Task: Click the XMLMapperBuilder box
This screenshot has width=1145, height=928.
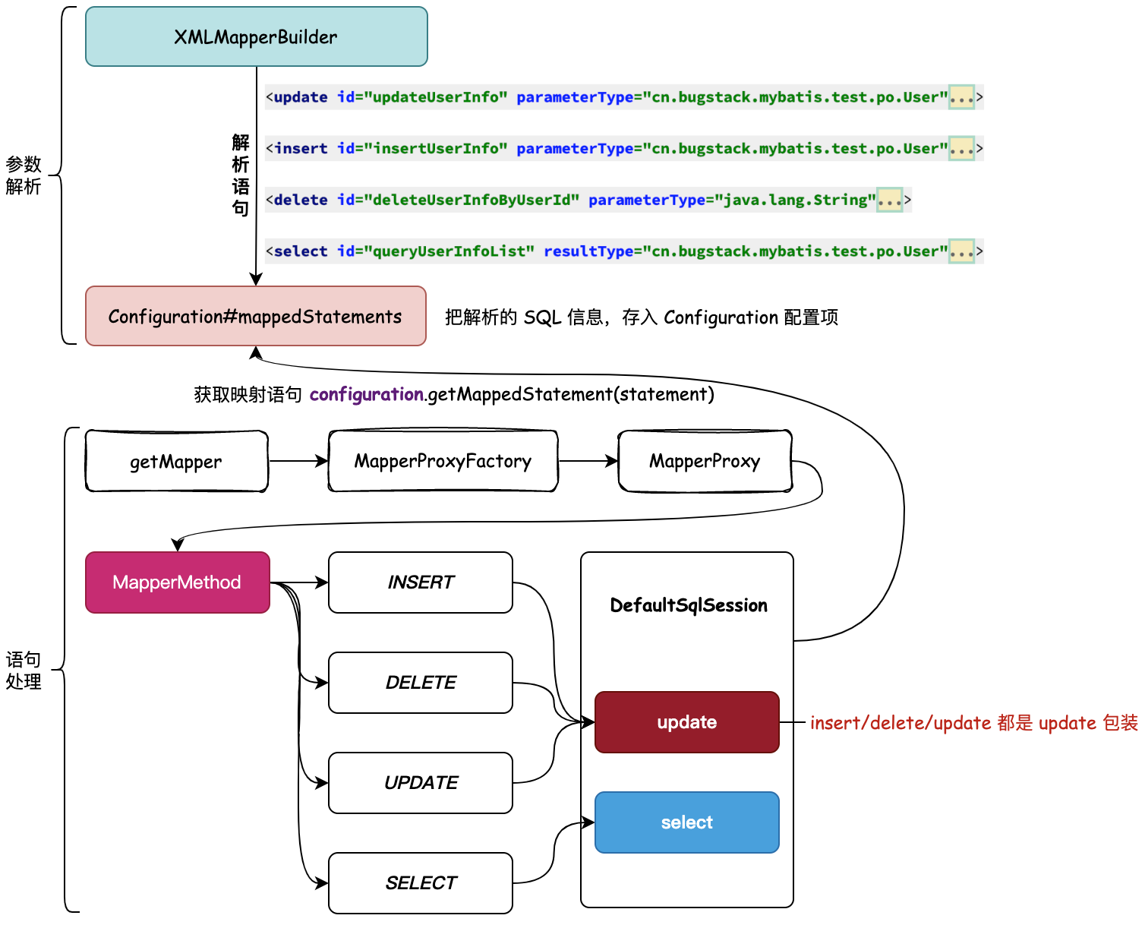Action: coord(256,36)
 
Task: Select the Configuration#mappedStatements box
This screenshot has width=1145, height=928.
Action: coord(255,316)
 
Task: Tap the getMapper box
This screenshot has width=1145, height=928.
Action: coord(176,462)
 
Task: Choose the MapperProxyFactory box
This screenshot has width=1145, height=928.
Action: coord(443,462)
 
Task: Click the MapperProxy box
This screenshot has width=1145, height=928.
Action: coord(705,462)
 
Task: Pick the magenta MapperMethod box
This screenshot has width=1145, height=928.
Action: coord(177,582)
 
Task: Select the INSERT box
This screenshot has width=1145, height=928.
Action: coord(420,582)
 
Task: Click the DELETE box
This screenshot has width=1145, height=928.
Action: coord(420,683)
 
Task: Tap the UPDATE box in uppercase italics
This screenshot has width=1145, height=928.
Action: coord(420,783)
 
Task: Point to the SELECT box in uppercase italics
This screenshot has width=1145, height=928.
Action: coord(420,883)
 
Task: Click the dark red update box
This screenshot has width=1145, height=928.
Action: coord(686,722)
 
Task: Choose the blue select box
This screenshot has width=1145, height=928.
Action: coord(686,822)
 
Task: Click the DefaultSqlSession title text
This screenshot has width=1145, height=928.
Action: coord(689,605)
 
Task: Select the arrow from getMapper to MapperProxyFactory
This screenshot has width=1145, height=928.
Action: coord(298,461)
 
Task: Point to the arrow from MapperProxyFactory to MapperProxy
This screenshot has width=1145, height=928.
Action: coord(588,461)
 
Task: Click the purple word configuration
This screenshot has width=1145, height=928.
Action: coord(366,394)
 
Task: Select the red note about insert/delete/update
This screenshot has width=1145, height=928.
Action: coord(973,723)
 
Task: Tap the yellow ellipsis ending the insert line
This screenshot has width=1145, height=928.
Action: coord(961,149)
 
